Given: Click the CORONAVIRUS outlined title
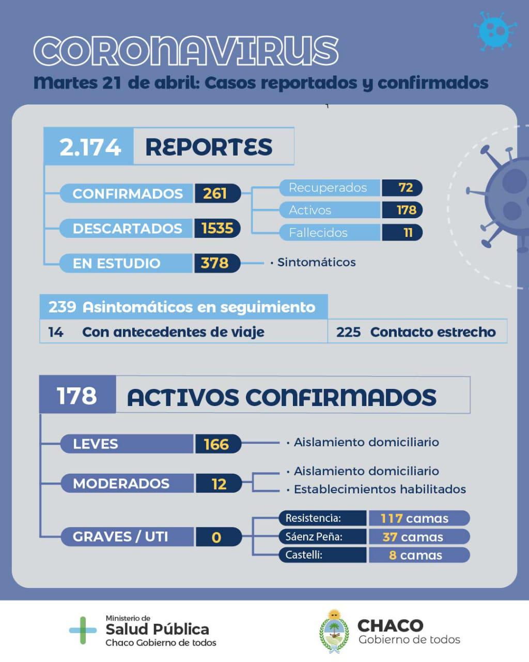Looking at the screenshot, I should pos(186,52).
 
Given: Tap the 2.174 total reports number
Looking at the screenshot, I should pos(90,147).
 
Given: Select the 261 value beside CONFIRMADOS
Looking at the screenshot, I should pos(215,193).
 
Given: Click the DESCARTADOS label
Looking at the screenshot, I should pos(127,229).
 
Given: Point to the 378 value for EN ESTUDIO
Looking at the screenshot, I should pos(214,263).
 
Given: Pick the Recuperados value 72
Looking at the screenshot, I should pos(406,187).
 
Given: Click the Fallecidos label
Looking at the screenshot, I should pos(318,233).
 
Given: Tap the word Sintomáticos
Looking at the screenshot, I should pos(316,262).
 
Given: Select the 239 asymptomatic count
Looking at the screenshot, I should pos(62,307).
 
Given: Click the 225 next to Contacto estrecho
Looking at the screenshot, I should pos(348,332).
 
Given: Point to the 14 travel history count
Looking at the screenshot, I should pos(55,332).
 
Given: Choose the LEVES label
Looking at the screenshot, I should pos(96,444).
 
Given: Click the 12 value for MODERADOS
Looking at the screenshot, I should pos(219,484).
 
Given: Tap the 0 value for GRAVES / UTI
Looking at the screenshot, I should pos(216,537).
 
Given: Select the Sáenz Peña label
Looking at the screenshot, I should pos(314,536).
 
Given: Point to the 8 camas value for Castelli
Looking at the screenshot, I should pos(415,555).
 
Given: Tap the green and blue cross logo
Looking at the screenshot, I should pos(83,630).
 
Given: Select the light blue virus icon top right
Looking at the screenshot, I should pos(495,30).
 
